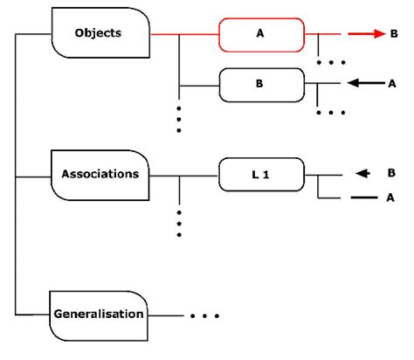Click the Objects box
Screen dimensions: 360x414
pos(100,34)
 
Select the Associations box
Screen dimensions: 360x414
pos(100,173)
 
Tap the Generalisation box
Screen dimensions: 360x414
pos(99,313)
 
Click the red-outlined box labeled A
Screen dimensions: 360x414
pos(260,35)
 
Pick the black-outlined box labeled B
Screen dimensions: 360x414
pos(260,84)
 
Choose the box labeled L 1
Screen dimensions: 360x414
pos(260,175)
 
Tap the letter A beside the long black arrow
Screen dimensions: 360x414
pos(393,84)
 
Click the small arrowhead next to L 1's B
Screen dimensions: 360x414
pos(362,173)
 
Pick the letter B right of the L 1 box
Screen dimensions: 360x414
pos(391,173)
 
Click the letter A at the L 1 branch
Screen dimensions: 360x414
pos(391,197)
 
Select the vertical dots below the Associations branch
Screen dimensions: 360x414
pos(179,223)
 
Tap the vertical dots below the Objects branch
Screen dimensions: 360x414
pos(179,120)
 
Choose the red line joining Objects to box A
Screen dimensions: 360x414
pos(183,35)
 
